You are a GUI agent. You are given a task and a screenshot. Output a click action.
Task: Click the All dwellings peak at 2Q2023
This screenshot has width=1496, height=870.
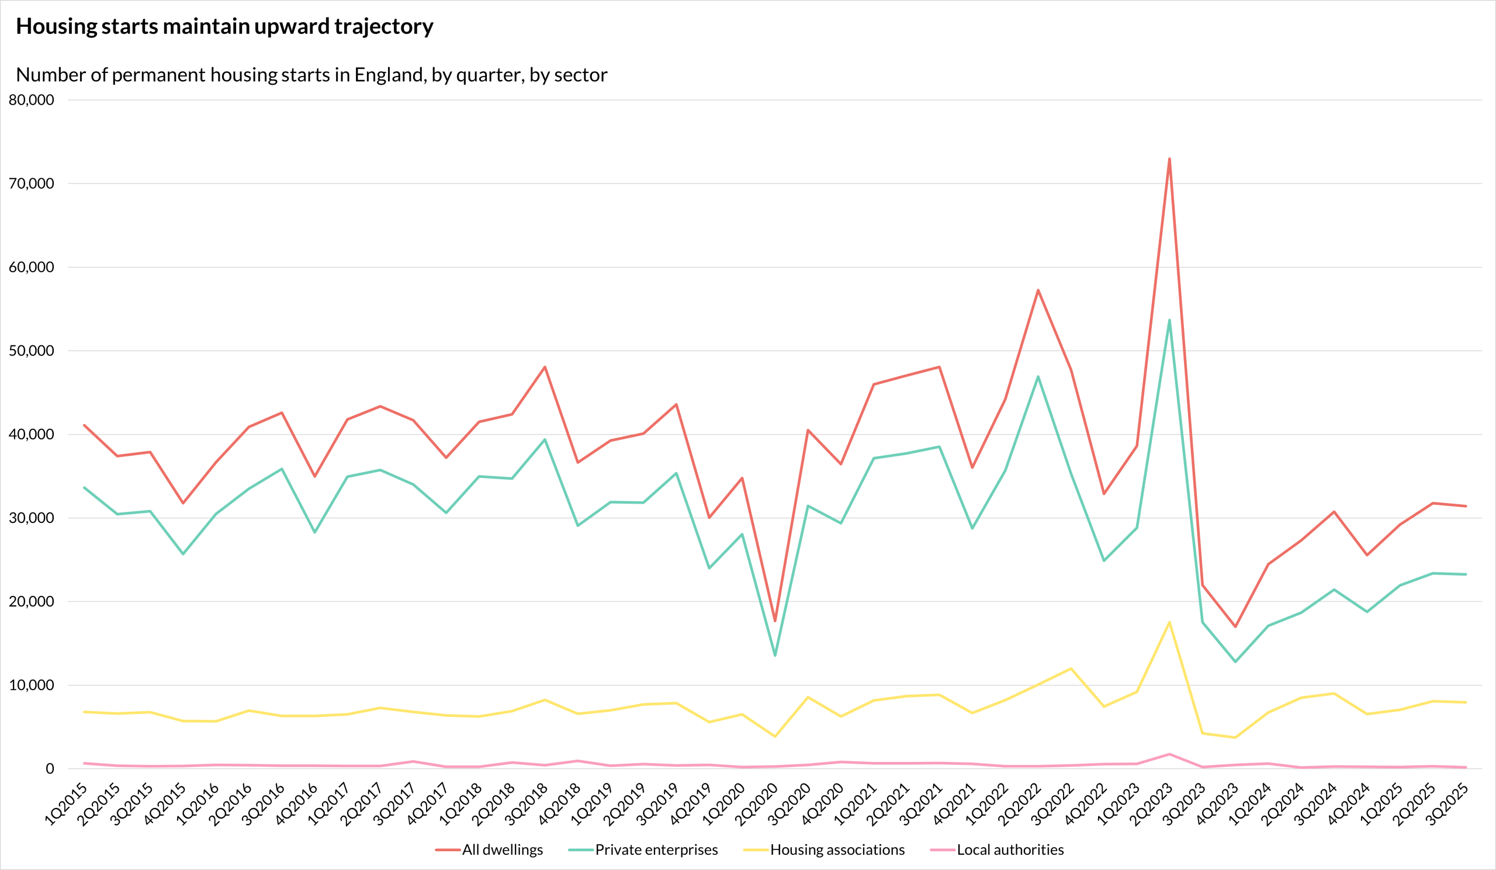coord(1169,159)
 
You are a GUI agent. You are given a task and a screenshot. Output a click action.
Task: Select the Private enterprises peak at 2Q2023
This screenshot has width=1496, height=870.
coord(1169,320)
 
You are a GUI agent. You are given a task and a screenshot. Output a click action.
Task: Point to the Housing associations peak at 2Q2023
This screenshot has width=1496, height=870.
coord(1169,622)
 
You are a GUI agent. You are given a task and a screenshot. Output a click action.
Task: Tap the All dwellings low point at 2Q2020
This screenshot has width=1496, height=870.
coord(775,621)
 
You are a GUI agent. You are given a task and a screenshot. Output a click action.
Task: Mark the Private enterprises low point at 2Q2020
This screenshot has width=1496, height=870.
coord(775,655)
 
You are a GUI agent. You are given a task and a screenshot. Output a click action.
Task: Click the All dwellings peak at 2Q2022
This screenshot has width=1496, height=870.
coord(1038,290)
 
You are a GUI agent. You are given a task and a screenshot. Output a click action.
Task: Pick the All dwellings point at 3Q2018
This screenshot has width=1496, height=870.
coord(545,367)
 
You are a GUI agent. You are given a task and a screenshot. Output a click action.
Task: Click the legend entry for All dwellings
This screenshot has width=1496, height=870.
coord(502,850)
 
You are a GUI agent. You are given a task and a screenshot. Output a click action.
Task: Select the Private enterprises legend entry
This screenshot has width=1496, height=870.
coord(656,850)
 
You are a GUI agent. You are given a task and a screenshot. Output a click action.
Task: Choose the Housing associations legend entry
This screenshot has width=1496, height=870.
coord(837,850)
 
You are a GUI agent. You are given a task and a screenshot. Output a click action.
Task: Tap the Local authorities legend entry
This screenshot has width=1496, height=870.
coord(1010,850)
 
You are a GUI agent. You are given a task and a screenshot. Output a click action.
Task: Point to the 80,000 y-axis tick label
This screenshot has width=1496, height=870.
coord(32,100)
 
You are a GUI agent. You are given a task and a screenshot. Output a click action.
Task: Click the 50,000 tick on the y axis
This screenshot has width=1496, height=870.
coord(32,351)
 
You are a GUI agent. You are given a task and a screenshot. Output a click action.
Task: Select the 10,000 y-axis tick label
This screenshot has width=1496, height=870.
coord(32,685)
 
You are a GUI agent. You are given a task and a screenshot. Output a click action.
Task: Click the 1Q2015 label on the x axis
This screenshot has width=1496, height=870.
coord(67,804)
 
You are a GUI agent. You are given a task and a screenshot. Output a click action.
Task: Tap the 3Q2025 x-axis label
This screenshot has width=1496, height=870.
coord(1447,804)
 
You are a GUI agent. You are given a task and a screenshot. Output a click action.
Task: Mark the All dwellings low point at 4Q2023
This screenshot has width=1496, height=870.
coord(1235,627)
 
